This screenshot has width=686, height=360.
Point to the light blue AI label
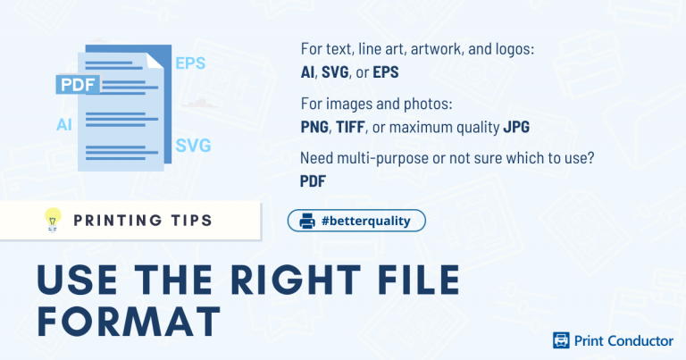pos(64,125)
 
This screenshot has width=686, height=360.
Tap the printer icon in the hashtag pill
pos(307,221)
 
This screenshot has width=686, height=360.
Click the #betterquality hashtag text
pos(366,221)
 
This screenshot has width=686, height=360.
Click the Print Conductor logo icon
pos(562,340)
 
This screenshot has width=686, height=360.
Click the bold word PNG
pos(315,128)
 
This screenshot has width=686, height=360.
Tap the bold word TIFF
pos(353,128)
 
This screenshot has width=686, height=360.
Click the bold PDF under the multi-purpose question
pos(313,181)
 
